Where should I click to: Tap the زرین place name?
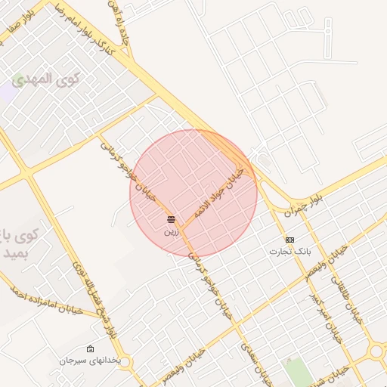172,231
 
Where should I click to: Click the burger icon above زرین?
172,219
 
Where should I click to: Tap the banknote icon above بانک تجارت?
290,239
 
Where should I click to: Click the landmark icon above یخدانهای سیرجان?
91,349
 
